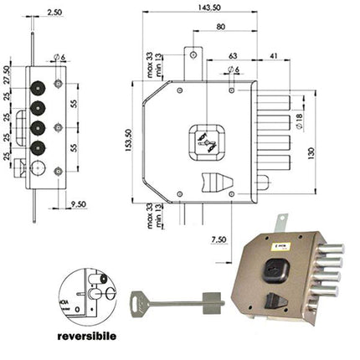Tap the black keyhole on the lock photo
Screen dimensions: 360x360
(x=275, y=271)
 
